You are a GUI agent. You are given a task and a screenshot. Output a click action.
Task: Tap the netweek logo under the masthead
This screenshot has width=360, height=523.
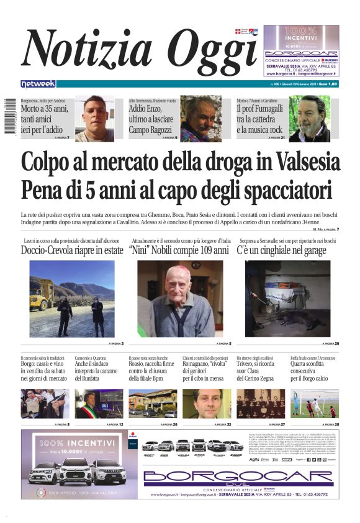click(38, 83)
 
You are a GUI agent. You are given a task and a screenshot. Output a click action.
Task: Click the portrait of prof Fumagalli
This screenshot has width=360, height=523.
click(309, 119)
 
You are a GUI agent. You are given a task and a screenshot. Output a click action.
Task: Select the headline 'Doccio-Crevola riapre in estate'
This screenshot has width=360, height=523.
click(72, 250)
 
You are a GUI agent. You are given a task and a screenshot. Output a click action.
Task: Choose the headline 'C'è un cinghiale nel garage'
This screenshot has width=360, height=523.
click(281, 250)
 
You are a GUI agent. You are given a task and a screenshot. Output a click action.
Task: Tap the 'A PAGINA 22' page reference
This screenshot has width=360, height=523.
click(222, 424)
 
